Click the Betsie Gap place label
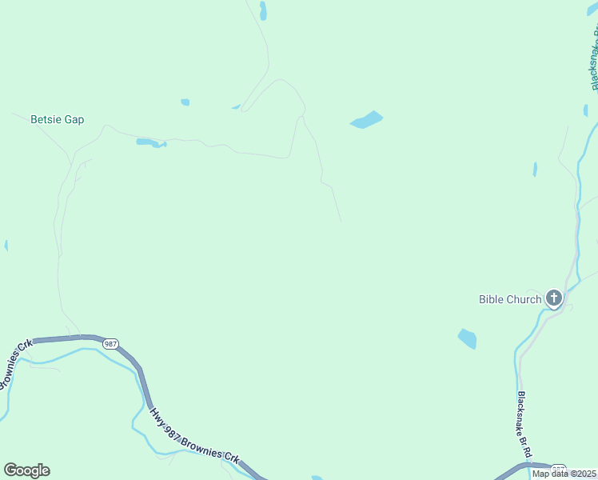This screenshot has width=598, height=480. pyautogui.click(x=57, y=120)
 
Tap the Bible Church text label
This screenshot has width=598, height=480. pyautogui.click(x=510, y=300)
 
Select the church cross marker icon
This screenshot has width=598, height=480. pyautogui.click(x=553, y=300)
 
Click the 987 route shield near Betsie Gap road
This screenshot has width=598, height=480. pyautogui.click(x=110, y=343)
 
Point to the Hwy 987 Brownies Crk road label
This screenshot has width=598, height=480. pyautogui.click(x=194, y=437)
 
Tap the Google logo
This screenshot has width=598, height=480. pyautogui.click(x=26, y=470)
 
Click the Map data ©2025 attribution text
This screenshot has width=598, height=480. pyautogui.click(x=563, y=474)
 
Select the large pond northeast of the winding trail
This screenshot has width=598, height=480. pyautogui.click(x=366, y=120)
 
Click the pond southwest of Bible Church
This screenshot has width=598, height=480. pyautogui.click(x=467, y=339)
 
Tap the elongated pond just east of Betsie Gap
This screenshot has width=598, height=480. pyautogui.click(x=149, y=143)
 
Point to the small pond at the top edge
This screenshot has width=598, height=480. pyautogui.click(x=263, y=10)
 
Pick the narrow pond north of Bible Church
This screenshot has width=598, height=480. pyautogui.click(x=535, y=169)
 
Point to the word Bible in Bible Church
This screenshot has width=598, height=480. pyautogui.click(x=491, y=300)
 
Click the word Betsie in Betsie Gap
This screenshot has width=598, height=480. pyautogui.click(x=45, y=120)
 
